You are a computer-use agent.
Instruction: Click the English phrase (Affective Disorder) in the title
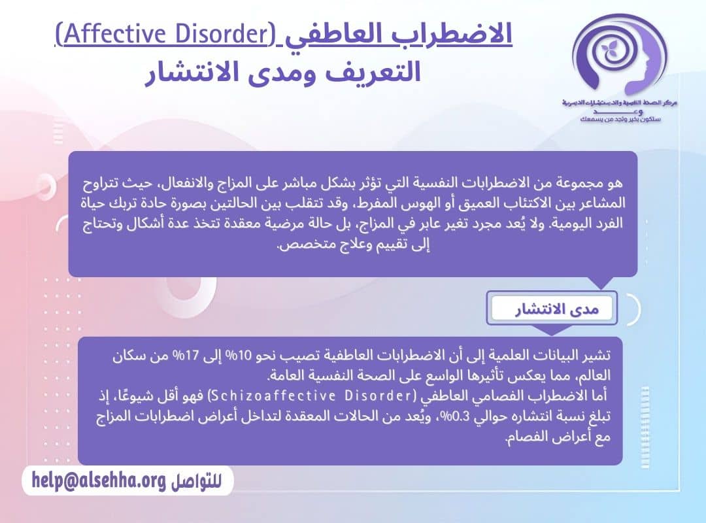click(x=167, y=35)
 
